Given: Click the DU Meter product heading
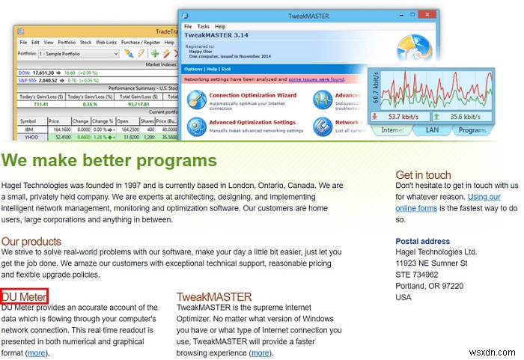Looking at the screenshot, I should (24, 296).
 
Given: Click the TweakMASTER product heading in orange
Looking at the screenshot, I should (214, 297).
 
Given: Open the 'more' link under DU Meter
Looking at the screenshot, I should (35, 353).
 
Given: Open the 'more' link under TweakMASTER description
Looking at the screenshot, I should (260, 353).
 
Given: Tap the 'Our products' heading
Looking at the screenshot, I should (31, 242).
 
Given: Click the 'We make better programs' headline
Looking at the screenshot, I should (109, 160).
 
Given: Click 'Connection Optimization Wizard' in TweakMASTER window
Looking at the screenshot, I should (252, 95).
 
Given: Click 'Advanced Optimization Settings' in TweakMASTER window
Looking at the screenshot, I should (252, 122).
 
